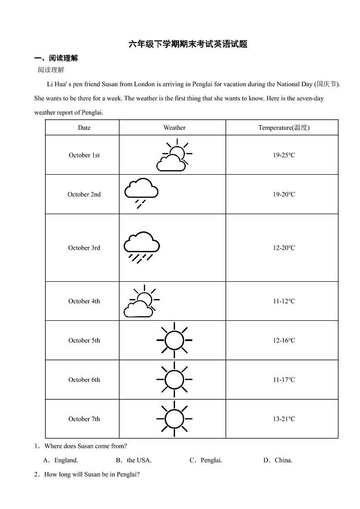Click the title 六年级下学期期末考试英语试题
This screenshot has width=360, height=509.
tap(188, 44)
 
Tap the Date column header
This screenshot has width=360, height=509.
tap(84, 127)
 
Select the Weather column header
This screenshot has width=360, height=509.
tap(174, 127)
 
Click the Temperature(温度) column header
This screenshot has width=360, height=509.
tap(284, 127)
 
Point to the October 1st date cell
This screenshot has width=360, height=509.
tap(84, 155)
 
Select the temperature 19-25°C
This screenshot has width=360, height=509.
tap(284, 155)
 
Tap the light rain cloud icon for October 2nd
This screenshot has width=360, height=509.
tap(141, 193)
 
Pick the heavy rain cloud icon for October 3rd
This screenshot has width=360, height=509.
tap(141, 247)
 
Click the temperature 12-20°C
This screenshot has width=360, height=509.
tap(284, 248)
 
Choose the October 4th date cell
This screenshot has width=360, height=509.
tap(84, 301)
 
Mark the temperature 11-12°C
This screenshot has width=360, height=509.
tap(284, 301)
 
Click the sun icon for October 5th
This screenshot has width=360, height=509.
tap(174, 340)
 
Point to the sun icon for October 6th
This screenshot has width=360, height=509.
tap(174, 380)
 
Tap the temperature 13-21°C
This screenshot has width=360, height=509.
tap(284, 419)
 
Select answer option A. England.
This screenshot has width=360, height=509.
tap(61, 460)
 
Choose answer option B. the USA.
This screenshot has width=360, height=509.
tap(134, 460)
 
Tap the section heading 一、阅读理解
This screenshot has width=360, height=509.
tap(56, 58)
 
